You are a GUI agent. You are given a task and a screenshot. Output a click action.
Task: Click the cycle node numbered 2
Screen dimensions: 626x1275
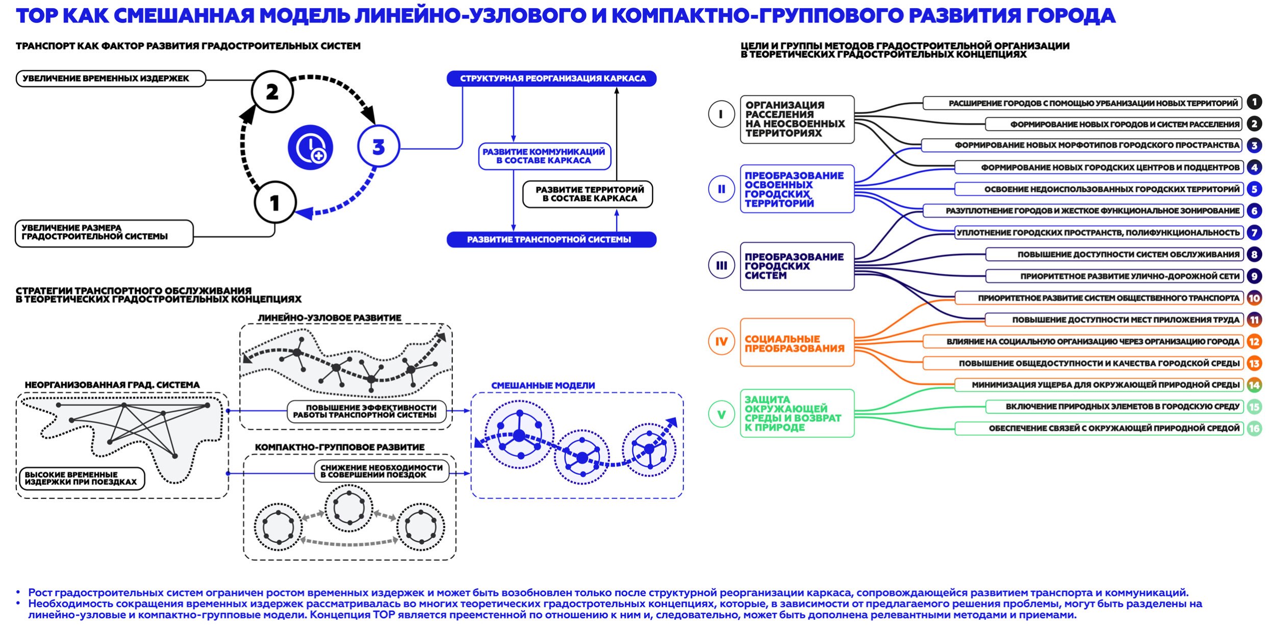click(x=272, y=92)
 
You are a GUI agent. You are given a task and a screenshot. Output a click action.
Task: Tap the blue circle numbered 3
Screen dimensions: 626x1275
click(x=378, y=147)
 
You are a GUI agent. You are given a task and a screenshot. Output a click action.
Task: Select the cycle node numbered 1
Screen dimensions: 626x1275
click(x=275, y=203)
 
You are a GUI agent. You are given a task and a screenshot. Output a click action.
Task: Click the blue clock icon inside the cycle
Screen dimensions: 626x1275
click(x=310, y=147)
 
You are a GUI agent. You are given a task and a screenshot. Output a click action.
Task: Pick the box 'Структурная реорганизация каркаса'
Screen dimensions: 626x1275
click(x=551, y=79)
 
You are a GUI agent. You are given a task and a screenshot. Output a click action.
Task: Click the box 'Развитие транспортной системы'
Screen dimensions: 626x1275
click(x=551, y=239)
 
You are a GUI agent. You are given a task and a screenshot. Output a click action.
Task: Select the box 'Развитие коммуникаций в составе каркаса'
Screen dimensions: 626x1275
click(x=544, y=156)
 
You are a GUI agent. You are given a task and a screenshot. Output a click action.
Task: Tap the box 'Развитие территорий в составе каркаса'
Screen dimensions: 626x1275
click(x=588, y=194)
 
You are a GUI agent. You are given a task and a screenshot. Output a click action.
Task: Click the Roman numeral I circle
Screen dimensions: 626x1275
click(x=721, y=114)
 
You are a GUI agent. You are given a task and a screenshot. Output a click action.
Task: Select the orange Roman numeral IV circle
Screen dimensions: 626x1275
click(x=721, y=341)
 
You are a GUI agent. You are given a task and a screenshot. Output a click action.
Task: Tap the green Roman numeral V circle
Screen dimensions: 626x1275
click(x=721, y=414)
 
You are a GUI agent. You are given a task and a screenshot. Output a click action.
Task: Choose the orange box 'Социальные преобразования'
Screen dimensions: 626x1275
click(x=797, y=343)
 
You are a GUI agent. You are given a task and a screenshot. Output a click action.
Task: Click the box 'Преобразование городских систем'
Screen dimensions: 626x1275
click(x=797, y=266)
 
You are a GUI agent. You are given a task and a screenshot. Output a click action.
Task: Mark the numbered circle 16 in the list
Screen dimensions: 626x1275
click(x=1254, y=429)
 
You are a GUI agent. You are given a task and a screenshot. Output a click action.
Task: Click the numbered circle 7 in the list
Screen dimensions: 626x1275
click(x=1254, y=233)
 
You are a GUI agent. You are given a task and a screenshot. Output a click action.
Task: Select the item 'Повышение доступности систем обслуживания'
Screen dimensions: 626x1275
click(x=1114, y=255)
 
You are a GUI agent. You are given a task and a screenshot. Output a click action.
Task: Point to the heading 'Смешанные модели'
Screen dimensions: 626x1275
click(x=543, y=386)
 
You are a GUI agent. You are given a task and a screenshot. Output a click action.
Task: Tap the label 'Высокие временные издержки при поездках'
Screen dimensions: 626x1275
click(x=81, y=479)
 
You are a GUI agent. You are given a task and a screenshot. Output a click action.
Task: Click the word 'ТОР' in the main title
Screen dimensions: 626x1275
click(x=37, y=16)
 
